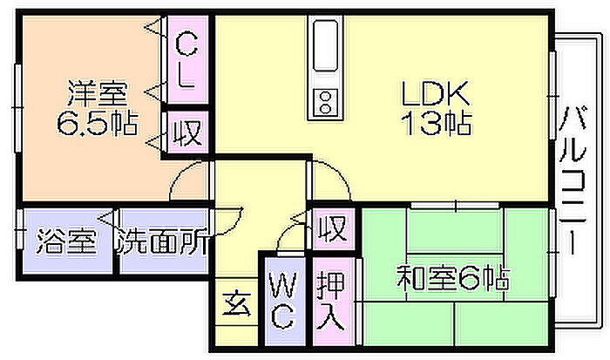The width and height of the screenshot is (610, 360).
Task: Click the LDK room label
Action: pyautogui.click(x=436, y=92)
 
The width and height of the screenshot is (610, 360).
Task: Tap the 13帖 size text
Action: pyautogui.click(x=436, y=123)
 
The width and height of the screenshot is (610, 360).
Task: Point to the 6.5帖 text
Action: pyautogui.click(x=97, y=123)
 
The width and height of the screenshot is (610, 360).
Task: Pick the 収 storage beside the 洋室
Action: pyautogui.click(x=186, y=133)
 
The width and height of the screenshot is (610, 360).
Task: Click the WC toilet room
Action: pyautogui.click(x=283, y=301)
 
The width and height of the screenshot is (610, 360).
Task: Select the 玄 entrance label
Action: pyautogui.click(x=236, y=304)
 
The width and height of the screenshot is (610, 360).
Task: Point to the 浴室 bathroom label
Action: pyautogui.click(x=65, y=241)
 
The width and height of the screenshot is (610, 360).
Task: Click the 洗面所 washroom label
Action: pyautogui.click(x=163, y=241)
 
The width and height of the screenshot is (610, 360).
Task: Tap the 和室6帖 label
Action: pyautogui.click(x=453, y=280)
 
